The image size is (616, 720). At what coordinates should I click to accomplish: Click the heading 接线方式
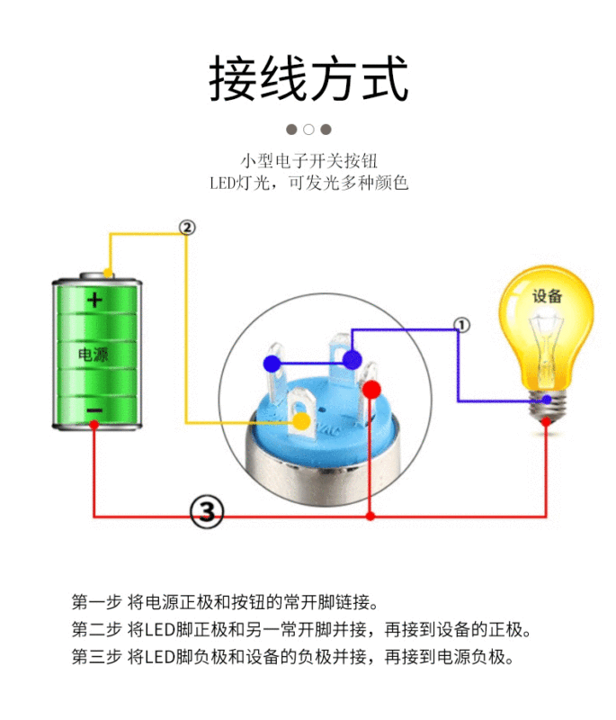(308, 78)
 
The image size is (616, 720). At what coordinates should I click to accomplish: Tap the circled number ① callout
(461, 325)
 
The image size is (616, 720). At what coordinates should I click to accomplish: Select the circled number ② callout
(186, 228)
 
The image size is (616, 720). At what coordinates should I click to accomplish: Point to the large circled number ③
(207, 512)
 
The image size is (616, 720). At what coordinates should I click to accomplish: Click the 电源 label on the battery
(94, 355)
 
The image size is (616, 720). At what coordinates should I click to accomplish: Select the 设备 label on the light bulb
(547, 296)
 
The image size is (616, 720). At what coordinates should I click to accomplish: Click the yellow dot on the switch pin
(302, 420)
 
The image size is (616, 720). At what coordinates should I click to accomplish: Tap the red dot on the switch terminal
(371, 389)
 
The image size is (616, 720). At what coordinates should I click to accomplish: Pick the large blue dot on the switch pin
(352, 360)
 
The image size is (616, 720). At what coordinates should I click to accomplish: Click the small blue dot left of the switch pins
(271, 364)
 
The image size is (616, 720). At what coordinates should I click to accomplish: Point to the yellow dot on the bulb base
(547, 400)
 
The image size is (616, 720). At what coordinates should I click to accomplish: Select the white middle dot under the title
(308, 129)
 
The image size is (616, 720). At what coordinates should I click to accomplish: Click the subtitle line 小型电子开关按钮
(308, 161)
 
